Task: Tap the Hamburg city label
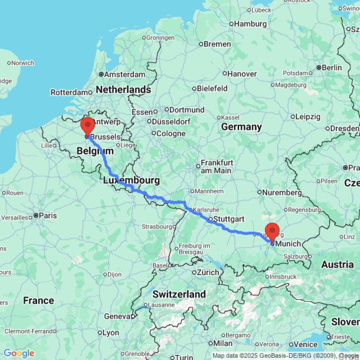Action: click(250, 24)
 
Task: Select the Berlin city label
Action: click(332, 67)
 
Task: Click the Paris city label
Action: click(48, 216)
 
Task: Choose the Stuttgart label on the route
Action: click(229, 219)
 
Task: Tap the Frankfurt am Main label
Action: click(217, 166)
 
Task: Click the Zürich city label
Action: click(208, 273)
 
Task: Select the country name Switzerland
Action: click(179, 294)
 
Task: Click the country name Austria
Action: click(337, 265)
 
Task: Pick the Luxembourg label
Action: click(131, 180)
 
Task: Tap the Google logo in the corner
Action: click(19, 354)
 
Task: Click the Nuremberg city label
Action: click(282, 193)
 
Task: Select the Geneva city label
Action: click(117, 316)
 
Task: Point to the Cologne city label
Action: click(171, 134)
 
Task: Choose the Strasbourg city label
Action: click(157, 227)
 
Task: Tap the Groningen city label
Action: click(161, 37)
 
